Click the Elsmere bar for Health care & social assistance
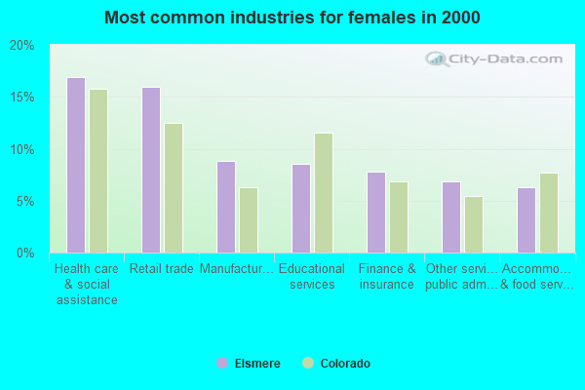pos(76,165)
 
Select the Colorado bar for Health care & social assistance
pos(98,171)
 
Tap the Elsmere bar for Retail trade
pos(151,171)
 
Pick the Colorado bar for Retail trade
pos(174,188)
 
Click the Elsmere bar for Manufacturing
pos(226,207)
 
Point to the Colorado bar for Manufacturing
pos(249,220)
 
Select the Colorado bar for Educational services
pos(324,193)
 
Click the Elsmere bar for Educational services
pos(301,209)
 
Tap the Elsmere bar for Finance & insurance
pos(376,213)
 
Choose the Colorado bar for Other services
pos(474,224)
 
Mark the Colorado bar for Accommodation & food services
pos(549,213)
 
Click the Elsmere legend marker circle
pos(222,363)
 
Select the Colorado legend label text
pos(345,363)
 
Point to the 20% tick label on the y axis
pos(22,46)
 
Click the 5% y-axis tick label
pos(25,202)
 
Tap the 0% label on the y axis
pos(25,253)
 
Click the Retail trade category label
pos(162,268)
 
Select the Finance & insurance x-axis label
pos(387,276)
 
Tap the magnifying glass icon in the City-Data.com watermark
pos(437,58)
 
